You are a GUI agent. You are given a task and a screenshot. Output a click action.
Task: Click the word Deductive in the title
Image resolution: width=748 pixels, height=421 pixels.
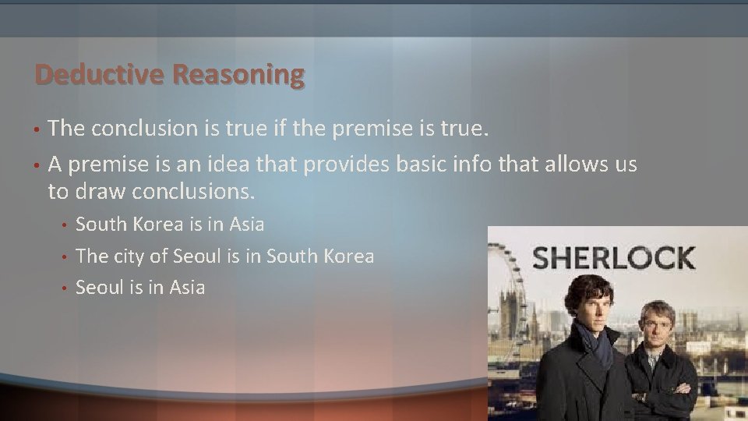pyautogui.click(x=100, y=75)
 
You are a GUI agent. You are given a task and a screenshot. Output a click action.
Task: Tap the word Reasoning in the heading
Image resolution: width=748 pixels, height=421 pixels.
pyautogui.click(x=238, y=76)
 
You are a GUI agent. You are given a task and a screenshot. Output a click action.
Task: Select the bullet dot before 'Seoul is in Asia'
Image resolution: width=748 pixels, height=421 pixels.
pyautogui.click(x=66, y=288)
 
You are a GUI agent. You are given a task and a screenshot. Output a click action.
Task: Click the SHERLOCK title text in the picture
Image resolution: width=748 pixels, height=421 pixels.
pyautogui.click(x=613, y=257)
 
